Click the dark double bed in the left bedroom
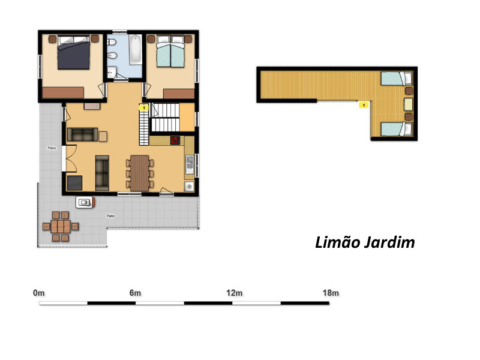coord(74,52)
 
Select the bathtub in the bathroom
coord(136,50)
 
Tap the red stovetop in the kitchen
coord(175,140)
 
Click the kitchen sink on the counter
coord(190,164)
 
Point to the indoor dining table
coord(140,173)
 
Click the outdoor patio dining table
coord(61,227)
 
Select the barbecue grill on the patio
coord(85,202)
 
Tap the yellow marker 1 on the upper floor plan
coord(364,106)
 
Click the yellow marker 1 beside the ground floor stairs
coord(143,108)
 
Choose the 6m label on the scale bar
coord(135,293)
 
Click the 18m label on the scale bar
coord(331,293)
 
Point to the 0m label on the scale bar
coord(39,293)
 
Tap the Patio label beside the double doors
coord(52,148)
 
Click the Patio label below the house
coord(111,216)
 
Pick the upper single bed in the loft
coord(397,79)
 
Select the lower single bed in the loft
coord(397,129)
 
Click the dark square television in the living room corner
coord(74,183)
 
